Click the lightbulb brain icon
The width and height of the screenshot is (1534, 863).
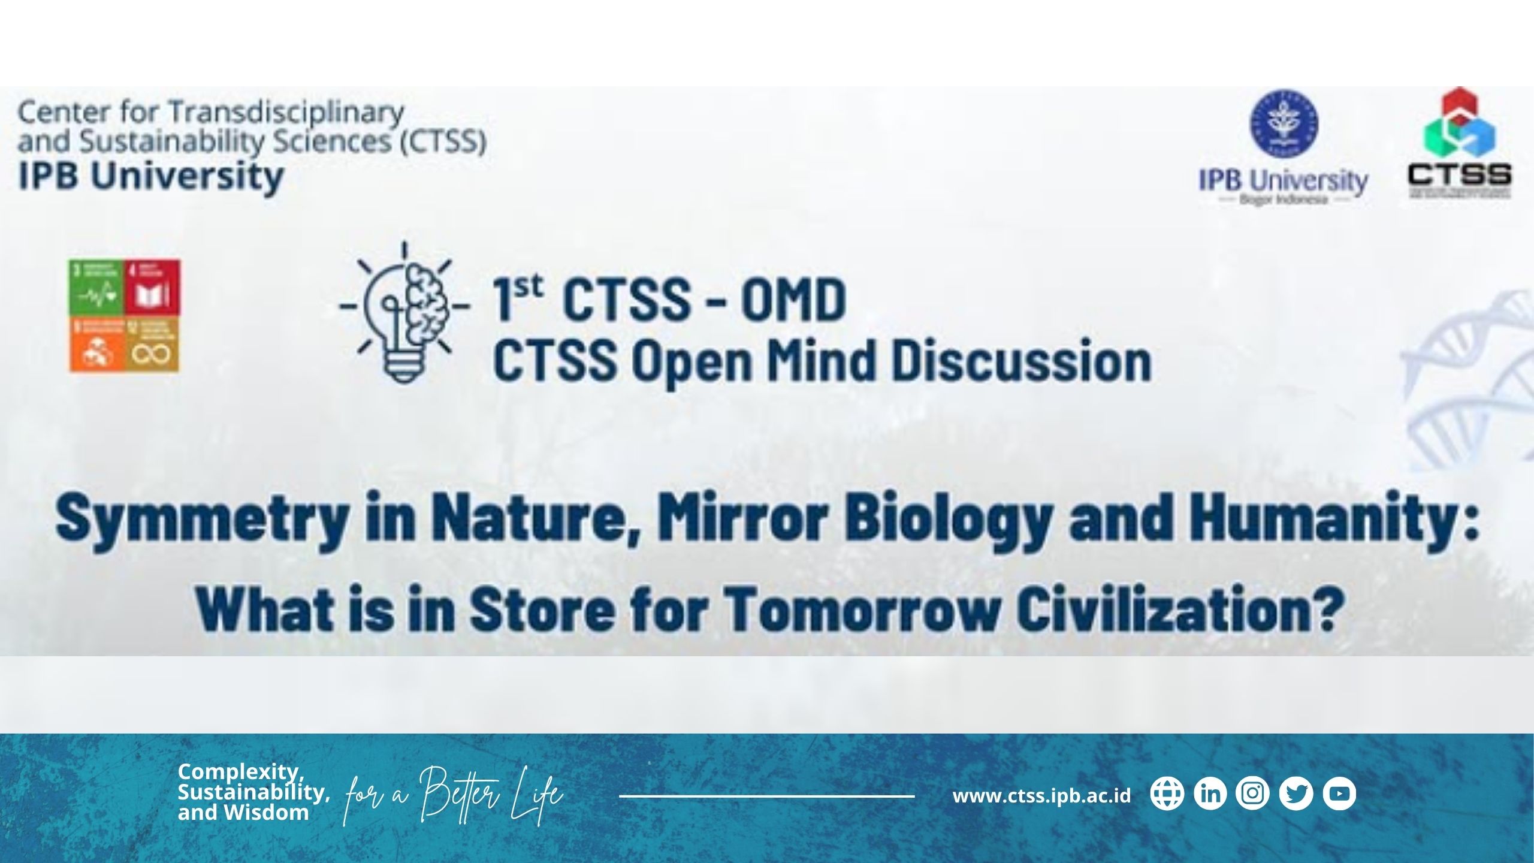click(405, 312)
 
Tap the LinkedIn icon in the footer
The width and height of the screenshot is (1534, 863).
click(1210, 793)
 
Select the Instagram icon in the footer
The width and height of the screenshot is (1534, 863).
click(1253, 793)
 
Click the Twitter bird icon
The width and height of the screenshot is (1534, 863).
click(1296, 793)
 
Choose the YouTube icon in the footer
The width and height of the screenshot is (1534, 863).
click(1339, 793)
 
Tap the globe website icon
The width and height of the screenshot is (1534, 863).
click(1167, 793)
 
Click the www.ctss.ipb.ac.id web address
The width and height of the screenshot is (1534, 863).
click(1041, 796)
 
